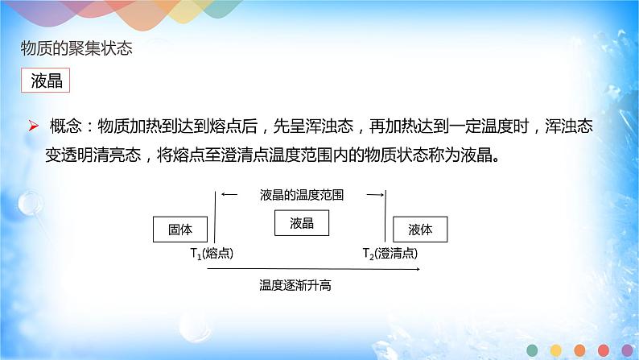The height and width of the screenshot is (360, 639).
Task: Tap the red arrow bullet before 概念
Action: pyautogui.click(x=34, y=126)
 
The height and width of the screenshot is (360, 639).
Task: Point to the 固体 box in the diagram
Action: pyautogui.click(x=180, y=230)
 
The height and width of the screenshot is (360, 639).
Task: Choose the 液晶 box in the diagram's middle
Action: pyautogui.click(x=302, y=223)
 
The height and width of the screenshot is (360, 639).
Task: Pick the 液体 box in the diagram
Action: pyautogui.click(x=420, y=230)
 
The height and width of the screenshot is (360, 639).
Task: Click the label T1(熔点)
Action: pyautogui.click(x=212, y=254)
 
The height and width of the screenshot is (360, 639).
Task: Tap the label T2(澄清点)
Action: pyautogui.click(x=390, y=254)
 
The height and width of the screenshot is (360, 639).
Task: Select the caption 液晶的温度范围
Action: pyautogui.click(x=302, y=195)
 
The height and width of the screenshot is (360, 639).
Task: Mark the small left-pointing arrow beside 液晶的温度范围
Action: pyautogui.click(x=230, y=194)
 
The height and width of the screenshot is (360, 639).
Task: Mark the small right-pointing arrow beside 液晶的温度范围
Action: pyautogui.click(x=373, y=194)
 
